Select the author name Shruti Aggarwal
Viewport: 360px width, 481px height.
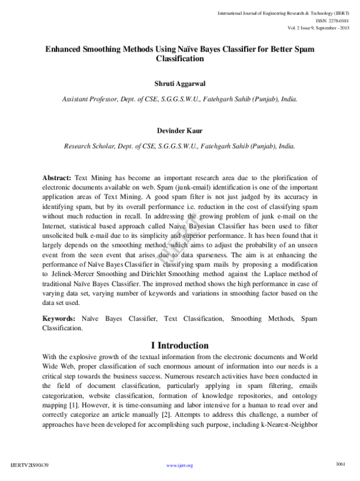(x=179, y=83)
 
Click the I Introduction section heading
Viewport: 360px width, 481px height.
(x=179, y=346)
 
